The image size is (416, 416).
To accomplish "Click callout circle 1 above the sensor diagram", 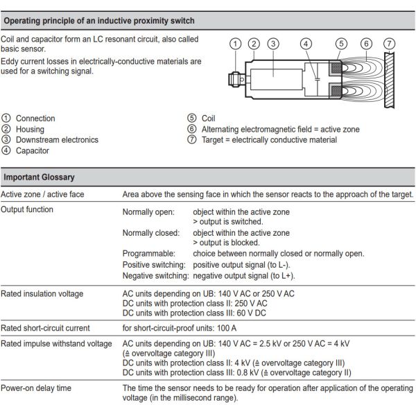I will [x=236, y=44].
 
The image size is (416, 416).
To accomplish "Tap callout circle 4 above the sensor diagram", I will [x=306, y=44].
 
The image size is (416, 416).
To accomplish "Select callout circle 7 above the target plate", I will [x=390, y=44].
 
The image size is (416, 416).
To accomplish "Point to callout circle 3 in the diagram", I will [x=273, y=44].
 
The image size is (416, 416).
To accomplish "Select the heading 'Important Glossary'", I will [x=39, y=178].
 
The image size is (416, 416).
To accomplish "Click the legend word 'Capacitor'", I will [x=33, y=150].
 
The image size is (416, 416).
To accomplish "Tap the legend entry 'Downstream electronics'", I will [x=57, y=140].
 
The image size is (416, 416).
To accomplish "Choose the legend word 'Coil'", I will [x=208, y=119].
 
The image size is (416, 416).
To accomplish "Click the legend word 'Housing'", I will [x=30, y=129].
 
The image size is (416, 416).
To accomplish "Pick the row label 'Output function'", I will [x=27, y=209].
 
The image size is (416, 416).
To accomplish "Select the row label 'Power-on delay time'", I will [x=36, y=388].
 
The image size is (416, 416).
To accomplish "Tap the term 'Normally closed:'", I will [x=151, y=233].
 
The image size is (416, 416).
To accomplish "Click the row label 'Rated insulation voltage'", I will [x=42, y=293].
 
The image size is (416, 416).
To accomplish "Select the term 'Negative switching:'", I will [x=156, y=275].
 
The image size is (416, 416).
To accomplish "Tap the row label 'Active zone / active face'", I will [x=42, y=194].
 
